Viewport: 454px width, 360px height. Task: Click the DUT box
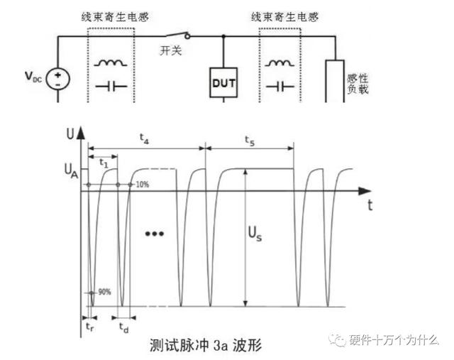tap(223, 82)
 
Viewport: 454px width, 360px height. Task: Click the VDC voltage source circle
tap(58, 79)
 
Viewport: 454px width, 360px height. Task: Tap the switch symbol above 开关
tap(178, 35)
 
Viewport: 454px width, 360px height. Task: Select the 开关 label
tap(171, 50)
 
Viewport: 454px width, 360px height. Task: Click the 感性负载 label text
tap(358, 84)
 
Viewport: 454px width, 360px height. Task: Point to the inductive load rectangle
tap(335, 81)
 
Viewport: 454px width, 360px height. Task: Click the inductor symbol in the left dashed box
tap(111, 62)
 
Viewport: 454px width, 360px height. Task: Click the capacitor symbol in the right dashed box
tap(280, 87)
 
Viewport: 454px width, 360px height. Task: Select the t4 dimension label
tap(144, 138)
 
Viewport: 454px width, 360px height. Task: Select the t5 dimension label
tap(250, 141)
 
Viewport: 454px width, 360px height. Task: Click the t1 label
tap(104, 163)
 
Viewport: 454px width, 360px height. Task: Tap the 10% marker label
tap(143, 185)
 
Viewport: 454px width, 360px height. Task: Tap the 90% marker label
tap(104, 292)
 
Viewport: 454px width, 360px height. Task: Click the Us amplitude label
tap(255, 234)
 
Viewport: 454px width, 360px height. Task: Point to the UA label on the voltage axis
tap(71, 170)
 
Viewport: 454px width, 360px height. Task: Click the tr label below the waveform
tap(90, 327)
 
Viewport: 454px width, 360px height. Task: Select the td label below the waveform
tap(124, 328)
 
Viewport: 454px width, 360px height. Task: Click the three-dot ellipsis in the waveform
tap(155, 234)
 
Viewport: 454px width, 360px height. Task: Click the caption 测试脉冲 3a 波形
tap(206, 345)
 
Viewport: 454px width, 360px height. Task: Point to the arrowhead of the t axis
tap(367, 191)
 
